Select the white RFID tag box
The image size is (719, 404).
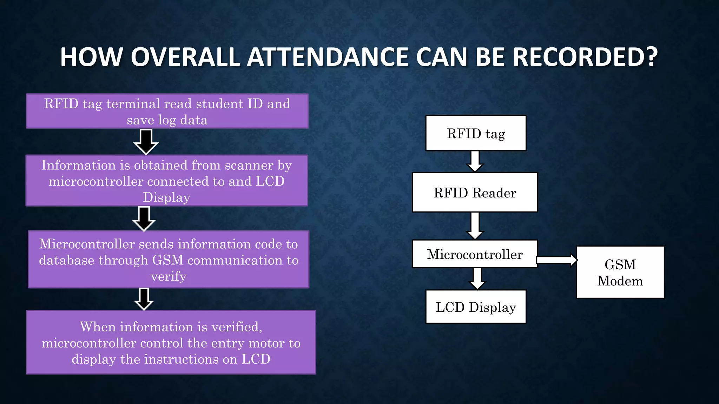[x=476, y=133]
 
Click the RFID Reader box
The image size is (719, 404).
[x=475, y=193]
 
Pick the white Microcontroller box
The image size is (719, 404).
[x=475, y=254]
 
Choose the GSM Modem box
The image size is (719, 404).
[x=620, y=272]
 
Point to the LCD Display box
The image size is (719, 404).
[x=476, y=307]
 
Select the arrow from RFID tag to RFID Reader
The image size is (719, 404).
[x=475, y=161]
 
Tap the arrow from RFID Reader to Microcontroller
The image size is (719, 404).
[x=475, y=226]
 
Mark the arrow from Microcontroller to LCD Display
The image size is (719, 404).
[x=477, y=278]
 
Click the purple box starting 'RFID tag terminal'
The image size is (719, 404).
[x=167, y=111]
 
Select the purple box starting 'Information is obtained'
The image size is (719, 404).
[x=167, y=181]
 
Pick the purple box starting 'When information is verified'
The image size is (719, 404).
[x=171, y=342]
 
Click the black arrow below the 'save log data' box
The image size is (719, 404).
[x=146, y=141]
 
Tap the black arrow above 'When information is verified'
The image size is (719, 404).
[x=144, y=299]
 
